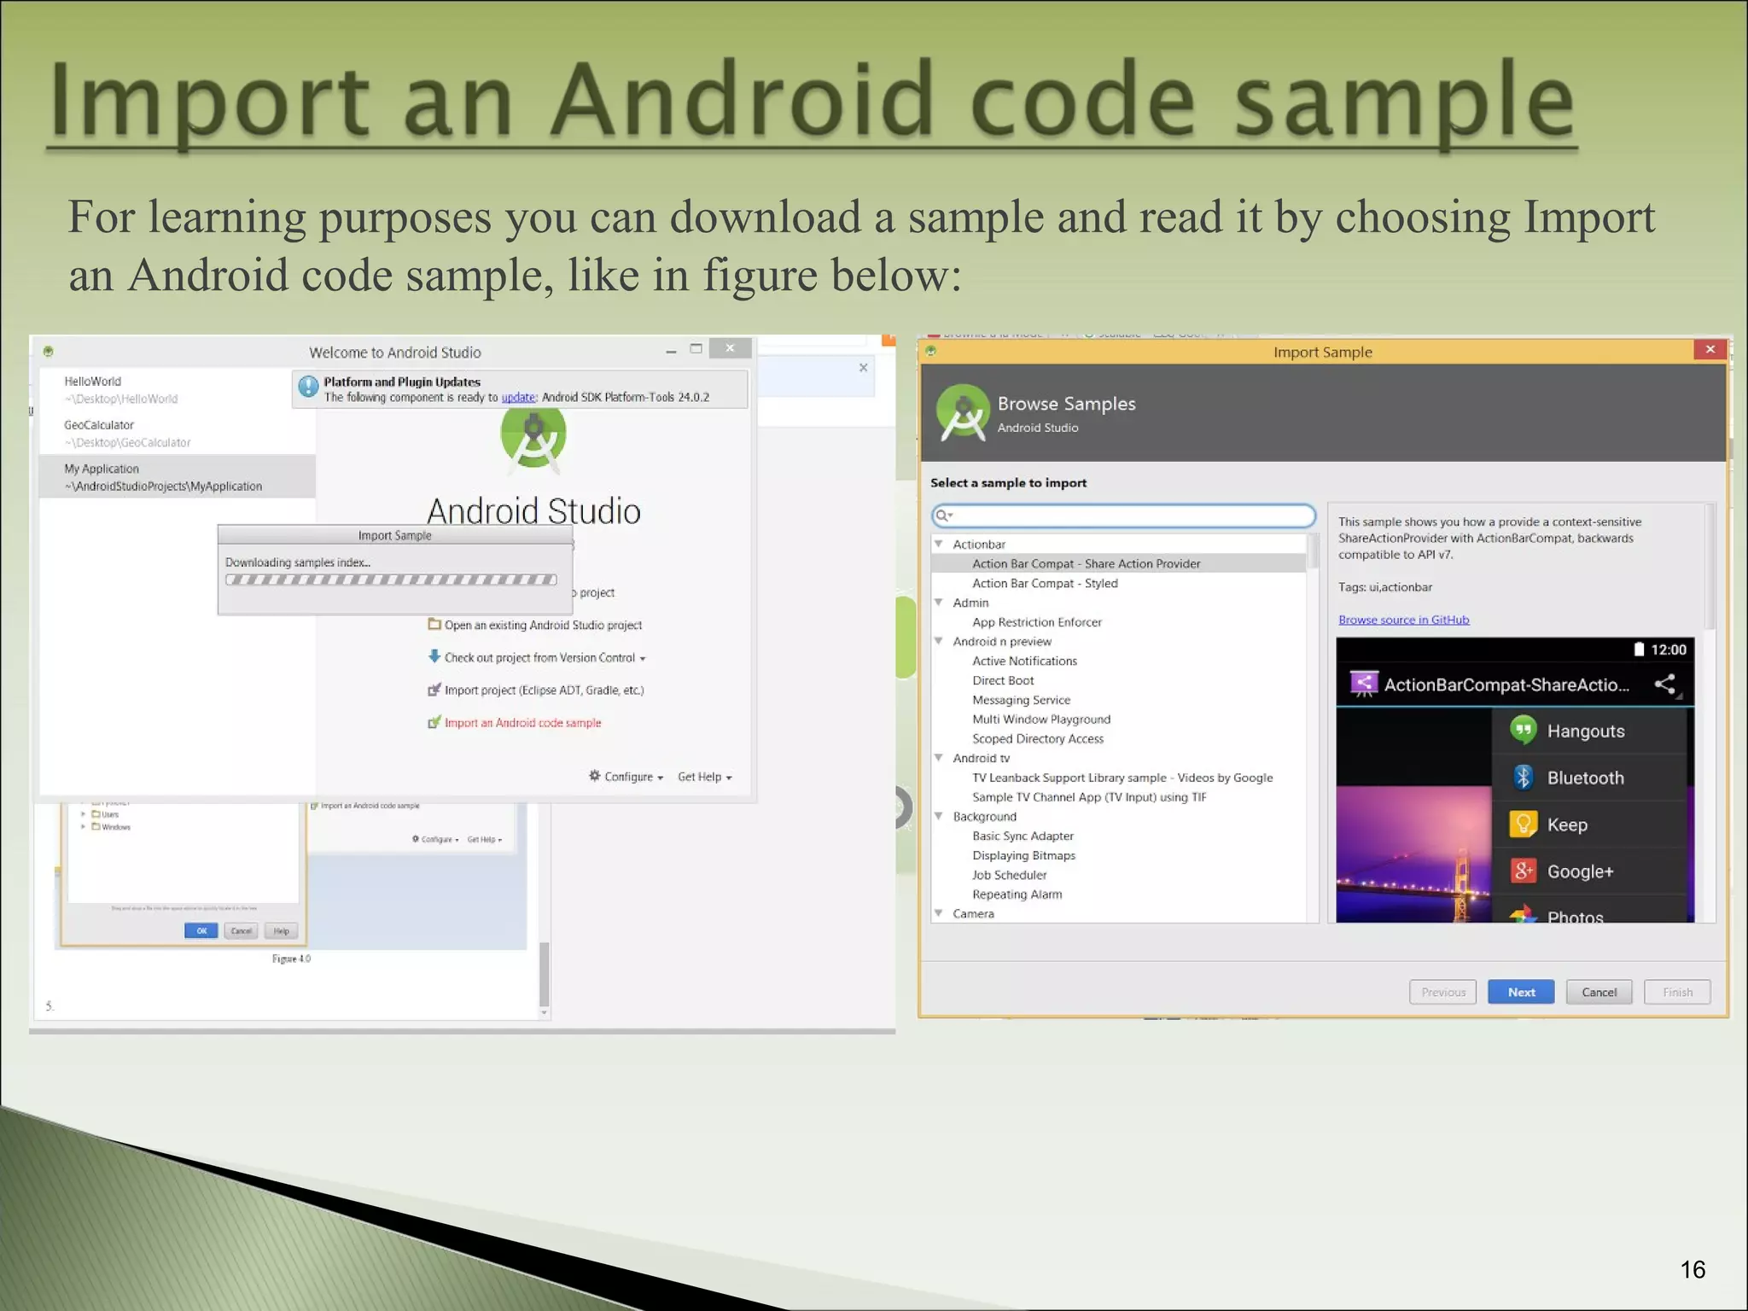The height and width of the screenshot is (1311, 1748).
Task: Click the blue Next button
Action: (1520, 992)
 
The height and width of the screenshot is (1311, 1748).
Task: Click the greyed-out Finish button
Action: (1676, 992)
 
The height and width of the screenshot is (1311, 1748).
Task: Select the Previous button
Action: (1442, 992)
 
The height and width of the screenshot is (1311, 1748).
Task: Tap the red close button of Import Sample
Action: (1710, 349)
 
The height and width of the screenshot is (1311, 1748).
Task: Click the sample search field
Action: (1125, 516)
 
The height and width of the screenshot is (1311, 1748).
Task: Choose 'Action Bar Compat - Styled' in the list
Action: (1045, 584)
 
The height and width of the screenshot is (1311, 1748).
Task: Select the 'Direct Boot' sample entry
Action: (1003, 681)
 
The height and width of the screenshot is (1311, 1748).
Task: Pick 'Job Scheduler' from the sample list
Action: (1009, 875)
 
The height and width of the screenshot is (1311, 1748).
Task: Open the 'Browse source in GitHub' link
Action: (1403, 621)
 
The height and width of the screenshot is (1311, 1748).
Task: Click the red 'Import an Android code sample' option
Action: (522, 723)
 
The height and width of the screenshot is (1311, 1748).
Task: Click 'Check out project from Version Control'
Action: (539, 658)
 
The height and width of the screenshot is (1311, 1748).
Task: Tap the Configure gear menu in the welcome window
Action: (626, 777)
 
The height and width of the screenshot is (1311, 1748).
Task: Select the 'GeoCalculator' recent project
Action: (99, 425)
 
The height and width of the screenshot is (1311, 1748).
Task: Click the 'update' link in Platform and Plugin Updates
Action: (517, 398)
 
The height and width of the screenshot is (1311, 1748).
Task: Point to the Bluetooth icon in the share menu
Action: (1523, 777)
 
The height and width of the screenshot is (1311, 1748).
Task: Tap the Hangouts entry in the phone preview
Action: (1585, 731)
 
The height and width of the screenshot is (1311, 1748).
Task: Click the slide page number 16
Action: (1693, 1270)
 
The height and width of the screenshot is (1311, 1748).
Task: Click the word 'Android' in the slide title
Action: (742, 102)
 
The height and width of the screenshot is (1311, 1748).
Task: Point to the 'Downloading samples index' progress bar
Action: (391, 580)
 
